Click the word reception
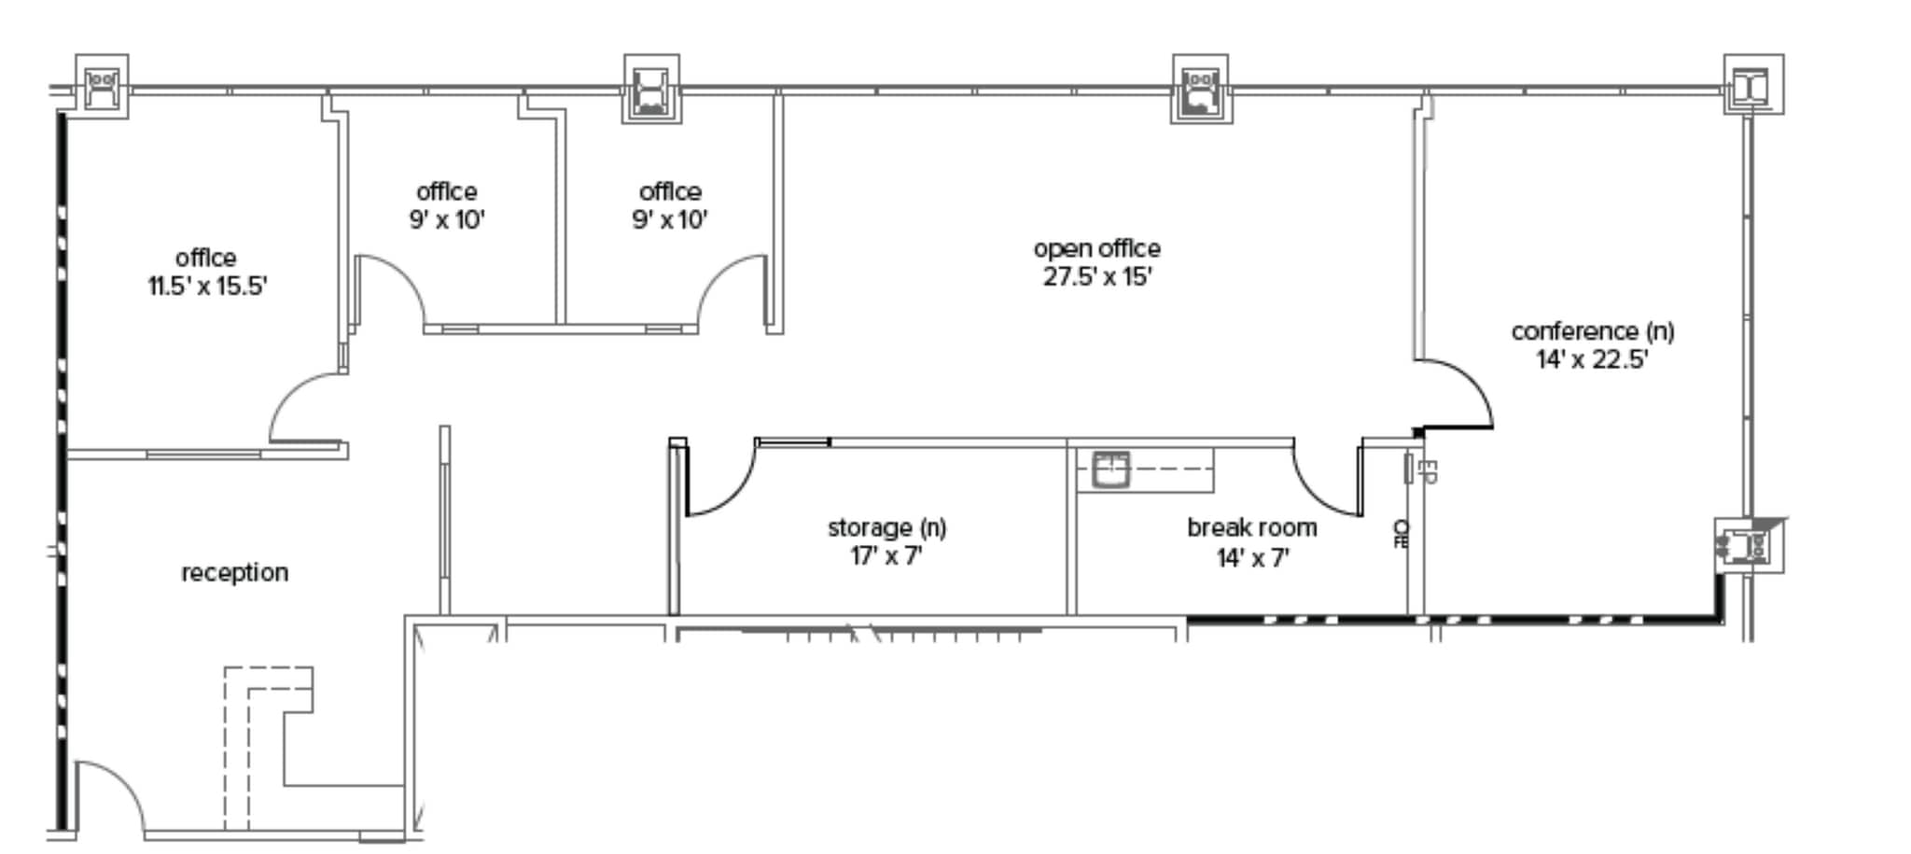point(234,572)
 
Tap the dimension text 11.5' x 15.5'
point(207,287)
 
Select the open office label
point(1096,248)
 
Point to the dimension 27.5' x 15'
point(1097,277)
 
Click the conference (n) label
point(1592,331)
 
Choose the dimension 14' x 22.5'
point(1592,360)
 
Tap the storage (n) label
point(886,527)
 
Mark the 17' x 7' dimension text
point(886,557)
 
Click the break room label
point(1251,527)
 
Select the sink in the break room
point(1110,469)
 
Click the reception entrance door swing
point(117,789)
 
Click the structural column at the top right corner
point(1752,85)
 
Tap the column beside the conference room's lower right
point(1749,547)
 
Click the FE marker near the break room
point(1401,534)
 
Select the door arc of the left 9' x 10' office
point(397,285)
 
